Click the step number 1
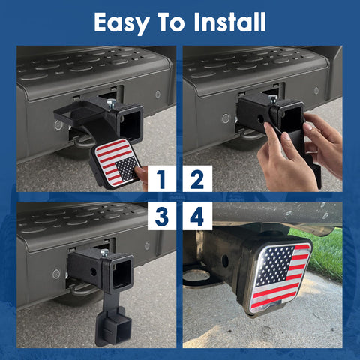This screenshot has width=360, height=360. coord(161,179)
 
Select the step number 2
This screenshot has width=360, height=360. coord(197,179)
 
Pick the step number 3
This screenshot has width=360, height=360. coord(161,217)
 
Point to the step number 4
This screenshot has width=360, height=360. coord(197,217)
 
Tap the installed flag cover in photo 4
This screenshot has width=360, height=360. coord(280,274)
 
